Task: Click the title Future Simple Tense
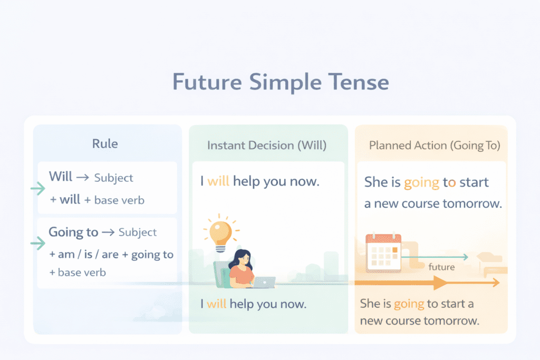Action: (281, 82)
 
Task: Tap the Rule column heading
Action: (105, 143)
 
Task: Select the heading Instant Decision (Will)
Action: (267, 145)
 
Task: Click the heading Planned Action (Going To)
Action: (435, 145)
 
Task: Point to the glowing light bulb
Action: (221, 233)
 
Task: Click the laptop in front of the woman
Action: (264, 283)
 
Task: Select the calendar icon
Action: (383, 253)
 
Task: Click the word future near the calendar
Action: (441, 267)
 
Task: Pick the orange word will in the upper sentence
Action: (218, 181)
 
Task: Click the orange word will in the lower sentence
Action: (217, 304)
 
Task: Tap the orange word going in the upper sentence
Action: (421, 183)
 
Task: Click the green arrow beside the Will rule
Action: (38, 188)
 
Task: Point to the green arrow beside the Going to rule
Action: (38, 244)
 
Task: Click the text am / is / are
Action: (88, 255)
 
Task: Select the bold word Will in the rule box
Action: (61, 176)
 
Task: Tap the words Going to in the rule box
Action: (73, 232)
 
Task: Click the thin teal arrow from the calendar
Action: (435, 257)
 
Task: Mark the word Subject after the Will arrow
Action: (114, 178)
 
